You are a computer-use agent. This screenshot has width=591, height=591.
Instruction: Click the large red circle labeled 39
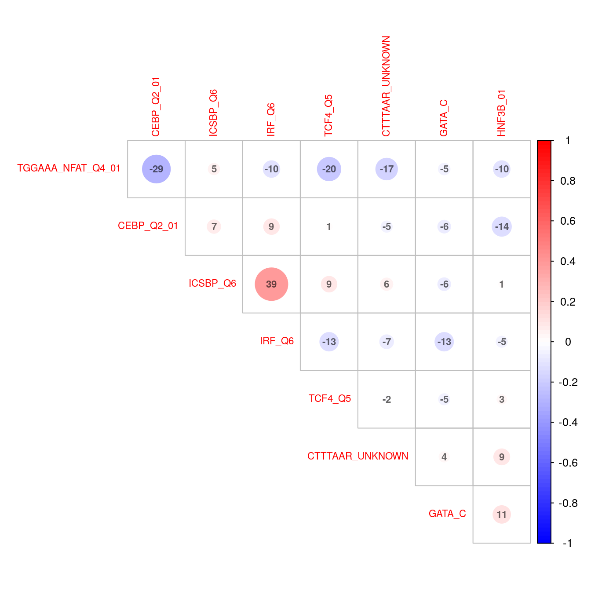pyautogui.click(x=271, y=284)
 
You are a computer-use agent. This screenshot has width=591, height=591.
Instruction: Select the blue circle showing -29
pyautogui.click(x=156, y=169)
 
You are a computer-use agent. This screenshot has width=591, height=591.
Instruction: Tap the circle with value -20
pyautogui.click(x=329, y=169)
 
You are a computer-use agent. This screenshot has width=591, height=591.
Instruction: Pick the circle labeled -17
pyautogui.click(x=387, y=169)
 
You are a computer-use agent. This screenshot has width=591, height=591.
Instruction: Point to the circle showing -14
pyautogui.click(x=502, y=226)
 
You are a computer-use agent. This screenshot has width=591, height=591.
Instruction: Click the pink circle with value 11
pyautogui.click(x=502, y=514)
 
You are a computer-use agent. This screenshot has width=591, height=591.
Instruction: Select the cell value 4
pyautogui.click(x=444, y=457)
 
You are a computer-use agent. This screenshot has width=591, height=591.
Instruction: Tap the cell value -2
pyautogui.click(x=387, y=399)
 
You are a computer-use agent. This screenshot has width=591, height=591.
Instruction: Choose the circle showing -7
pyautogui.click(x=387, y=342)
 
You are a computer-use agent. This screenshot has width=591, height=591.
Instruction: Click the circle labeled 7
pyautogui.click(x=214, y=226)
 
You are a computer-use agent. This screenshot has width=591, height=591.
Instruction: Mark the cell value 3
pyautogui.click(x=502, y=399)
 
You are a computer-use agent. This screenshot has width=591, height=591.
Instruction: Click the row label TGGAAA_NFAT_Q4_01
pyautogui.click(x=69, y=168)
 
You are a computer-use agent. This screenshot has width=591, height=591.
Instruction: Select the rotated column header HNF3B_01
pyautogui.click(x=502, y=113)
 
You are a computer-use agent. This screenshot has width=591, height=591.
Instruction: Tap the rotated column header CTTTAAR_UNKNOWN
pyautogui.click(x=386, y=86)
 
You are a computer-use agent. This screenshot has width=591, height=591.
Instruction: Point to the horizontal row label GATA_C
pyautogui.click(x=447, y=514)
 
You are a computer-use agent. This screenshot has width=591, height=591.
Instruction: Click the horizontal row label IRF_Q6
pyautogui.click(x=277, y=341)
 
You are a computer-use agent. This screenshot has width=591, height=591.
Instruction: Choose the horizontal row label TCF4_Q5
pyautogui.click(x=330, y=398)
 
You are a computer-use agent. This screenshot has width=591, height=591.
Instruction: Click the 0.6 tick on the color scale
pyautogui.click(x=568, y=221)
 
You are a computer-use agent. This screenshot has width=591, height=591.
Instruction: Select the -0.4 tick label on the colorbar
pyautogui.click(x=568, y=422)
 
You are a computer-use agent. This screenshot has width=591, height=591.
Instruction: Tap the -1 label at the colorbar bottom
pyautogui.click(x=568, y=543)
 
